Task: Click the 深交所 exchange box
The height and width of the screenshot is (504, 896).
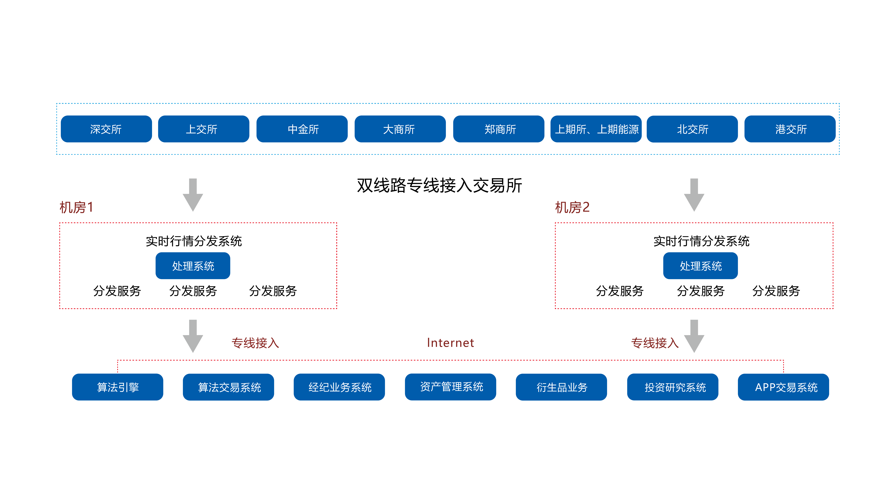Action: coord(106,129)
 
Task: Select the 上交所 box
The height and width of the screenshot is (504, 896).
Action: coord(204,129)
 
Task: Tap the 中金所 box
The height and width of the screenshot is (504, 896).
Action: coord(302,129)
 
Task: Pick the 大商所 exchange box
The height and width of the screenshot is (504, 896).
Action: coord(400,129)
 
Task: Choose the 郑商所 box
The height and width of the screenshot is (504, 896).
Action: coord(498,129)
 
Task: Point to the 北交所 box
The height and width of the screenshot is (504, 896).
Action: coord(692,129)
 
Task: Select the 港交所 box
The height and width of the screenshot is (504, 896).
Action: coord(790,129)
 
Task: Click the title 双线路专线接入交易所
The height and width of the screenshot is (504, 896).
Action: coord(439,185)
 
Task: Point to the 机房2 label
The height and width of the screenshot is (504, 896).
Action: coord(572,207)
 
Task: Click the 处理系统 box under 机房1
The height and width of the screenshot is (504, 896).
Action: coord(193,266)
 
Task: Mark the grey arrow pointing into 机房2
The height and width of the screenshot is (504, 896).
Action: coord(694,195)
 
